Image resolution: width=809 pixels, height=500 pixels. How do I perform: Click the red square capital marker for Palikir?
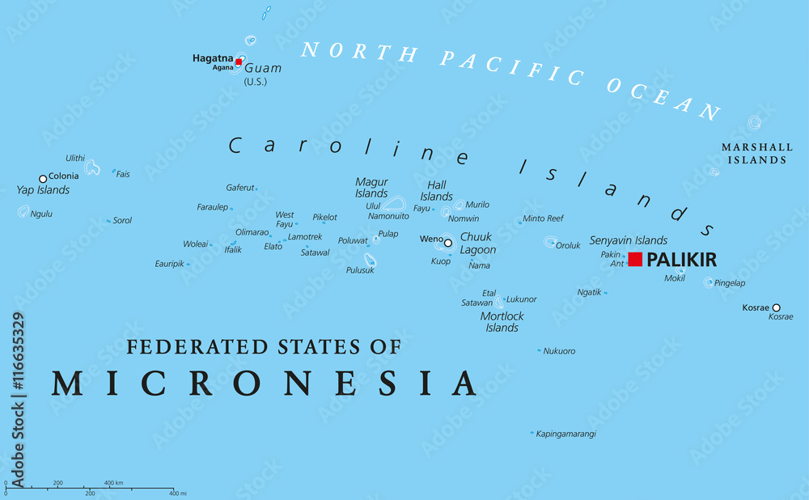pos(635,259)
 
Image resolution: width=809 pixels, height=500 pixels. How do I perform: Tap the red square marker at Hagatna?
pos(238,61)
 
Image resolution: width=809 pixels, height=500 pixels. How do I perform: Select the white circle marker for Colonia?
pos(43,179)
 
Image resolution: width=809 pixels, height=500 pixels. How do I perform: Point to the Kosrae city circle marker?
pos(776,307)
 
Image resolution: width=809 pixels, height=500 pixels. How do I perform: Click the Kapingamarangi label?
pos(566,434)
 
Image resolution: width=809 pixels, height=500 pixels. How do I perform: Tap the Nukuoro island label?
pos(559,351)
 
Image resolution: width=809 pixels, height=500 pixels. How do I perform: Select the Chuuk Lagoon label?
pos(477,244)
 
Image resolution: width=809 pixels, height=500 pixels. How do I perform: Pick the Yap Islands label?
pos(43,191)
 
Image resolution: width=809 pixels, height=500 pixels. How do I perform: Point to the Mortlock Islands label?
pos(502,322)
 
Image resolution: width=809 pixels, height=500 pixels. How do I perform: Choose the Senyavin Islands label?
pos(629,240)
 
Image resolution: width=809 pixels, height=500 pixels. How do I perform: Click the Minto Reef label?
pos(543,218)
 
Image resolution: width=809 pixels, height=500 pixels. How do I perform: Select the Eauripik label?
pos(169,264)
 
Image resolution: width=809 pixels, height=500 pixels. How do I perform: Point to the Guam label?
pos(262,68)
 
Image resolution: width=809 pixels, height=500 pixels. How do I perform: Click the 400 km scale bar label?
pos(113,483)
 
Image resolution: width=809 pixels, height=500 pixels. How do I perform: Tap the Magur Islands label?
pos(371,188)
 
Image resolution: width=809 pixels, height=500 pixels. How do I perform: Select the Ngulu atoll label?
pos(42,214)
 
